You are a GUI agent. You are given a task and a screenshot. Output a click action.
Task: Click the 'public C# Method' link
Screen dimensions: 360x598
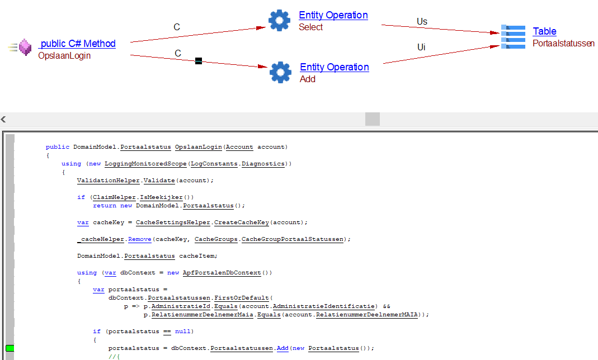click(77, 44)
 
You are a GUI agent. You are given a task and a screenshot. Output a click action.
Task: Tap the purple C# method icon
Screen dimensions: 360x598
click(25, 47)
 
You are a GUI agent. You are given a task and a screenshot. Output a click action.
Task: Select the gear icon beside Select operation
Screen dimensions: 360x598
click(279, 20)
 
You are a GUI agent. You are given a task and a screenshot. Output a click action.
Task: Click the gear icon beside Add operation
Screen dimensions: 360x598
click(280, 72)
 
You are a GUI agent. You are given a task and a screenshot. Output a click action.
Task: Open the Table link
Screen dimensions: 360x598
click(544, 31)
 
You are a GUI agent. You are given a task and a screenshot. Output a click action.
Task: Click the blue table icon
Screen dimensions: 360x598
click(513, 37)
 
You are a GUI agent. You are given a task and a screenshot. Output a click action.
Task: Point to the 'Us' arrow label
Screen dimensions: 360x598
click(422, 22)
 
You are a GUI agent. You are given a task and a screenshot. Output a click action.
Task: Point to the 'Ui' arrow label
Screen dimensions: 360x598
click(421, 48)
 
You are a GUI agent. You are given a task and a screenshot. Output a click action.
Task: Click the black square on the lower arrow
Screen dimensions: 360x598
click(198, 61)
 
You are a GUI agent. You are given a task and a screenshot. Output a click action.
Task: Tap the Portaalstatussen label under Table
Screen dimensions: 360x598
click(563, 43)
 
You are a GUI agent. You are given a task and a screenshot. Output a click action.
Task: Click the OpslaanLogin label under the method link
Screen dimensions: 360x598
click(64, 55)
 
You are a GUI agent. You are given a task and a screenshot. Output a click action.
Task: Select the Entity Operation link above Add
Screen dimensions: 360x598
click(335, 67)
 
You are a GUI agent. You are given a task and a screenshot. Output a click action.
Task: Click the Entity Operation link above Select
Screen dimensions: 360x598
click(333, 15)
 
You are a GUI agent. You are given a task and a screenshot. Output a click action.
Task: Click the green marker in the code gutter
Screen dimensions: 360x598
click(10, 348)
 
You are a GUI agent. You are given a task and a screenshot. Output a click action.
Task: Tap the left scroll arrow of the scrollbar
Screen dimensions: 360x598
click(3, 119)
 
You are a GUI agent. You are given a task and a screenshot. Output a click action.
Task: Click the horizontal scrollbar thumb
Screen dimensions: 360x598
click(372, 119)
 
